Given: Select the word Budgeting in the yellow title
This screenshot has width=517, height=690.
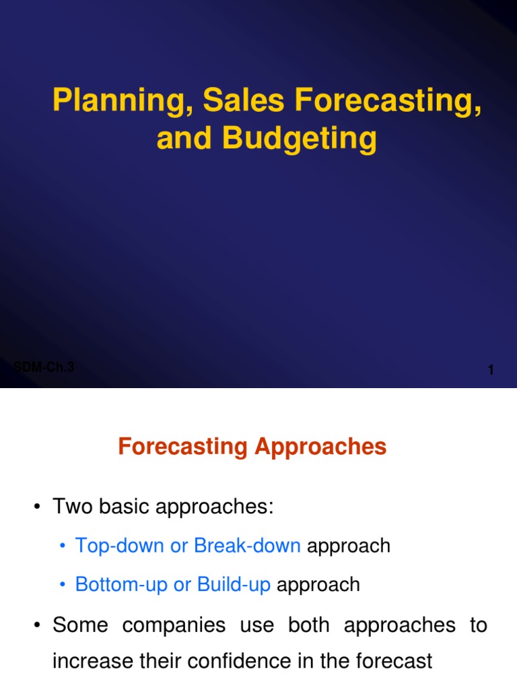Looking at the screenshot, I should (300, 138).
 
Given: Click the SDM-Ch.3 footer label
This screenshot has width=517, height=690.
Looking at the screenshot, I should (44, 367).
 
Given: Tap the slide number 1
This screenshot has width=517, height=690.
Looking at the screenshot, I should (491, 370).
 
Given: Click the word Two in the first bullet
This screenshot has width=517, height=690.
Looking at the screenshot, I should (72, 507).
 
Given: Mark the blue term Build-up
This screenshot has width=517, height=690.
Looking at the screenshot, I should (234, 584).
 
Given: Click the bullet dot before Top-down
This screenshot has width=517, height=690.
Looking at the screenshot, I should (63, 546).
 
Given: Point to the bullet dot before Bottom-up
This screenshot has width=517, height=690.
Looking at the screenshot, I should (63, 585).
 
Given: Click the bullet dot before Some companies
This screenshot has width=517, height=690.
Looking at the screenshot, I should (38, 625).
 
